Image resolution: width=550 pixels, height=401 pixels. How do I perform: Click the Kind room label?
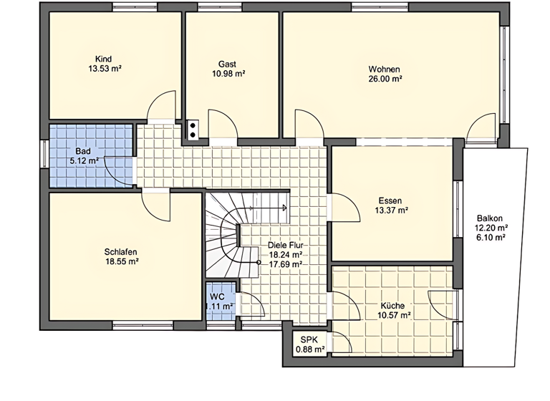coord(104,59)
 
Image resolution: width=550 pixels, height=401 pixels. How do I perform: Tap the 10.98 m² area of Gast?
coord(228,74)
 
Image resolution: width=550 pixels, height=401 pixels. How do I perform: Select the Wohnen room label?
coord(384,69)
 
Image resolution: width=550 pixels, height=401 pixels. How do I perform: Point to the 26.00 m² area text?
coord(385,79)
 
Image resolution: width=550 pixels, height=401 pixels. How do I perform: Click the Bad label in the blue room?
coord(83,152)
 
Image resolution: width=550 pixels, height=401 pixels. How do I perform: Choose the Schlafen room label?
coord(120,252)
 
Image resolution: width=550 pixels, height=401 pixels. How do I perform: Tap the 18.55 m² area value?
coord(121,262)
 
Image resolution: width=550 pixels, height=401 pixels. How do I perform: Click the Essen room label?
coord(390,200)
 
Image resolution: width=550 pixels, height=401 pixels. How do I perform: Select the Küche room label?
coord(394,304)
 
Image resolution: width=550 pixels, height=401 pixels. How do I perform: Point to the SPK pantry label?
coord(309,339)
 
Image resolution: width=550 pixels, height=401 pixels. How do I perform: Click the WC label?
coord(218,296)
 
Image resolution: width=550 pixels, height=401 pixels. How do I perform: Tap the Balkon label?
coord(491,218)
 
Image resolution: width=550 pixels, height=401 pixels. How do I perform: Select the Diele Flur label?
coord(284,244)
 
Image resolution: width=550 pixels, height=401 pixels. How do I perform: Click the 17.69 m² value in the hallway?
coord(284,264)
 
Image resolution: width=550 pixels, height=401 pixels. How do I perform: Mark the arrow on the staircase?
coord(284,208)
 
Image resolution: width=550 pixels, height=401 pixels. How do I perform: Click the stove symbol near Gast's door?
coord(193,130)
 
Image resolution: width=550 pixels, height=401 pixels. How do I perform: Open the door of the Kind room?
coord(160,107)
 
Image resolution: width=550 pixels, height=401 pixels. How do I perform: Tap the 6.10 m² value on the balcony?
coord(491,238)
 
